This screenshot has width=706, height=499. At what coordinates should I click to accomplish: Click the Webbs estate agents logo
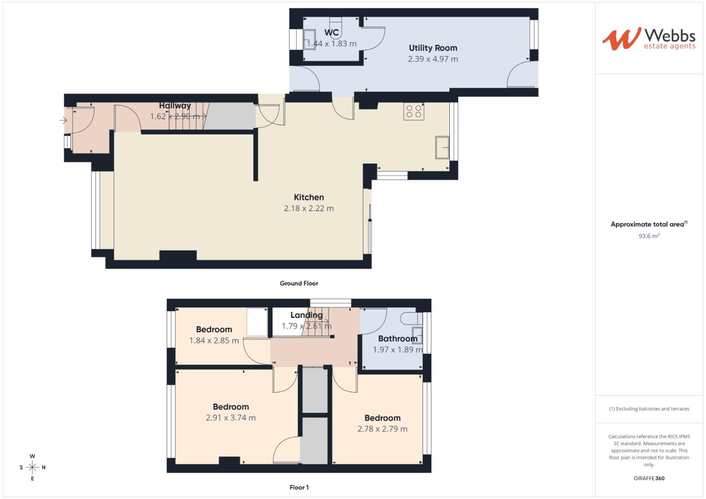[x=649, y=39]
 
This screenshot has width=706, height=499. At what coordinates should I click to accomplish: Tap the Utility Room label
[x=433, y=48]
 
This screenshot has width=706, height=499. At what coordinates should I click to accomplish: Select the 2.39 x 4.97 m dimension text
[x=433, y=59]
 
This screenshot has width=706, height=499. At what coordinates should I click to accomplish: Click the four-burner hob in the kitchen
[x=413, y=111]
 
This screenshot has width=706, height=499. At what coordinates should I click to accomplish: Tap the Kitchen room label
[x=309, y=197]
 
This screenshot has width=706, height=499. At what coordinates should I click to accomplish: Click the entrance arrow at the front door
[x=63, y=121]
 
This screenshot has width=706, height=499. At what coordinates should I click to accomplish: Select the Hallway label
[x=175, y=106]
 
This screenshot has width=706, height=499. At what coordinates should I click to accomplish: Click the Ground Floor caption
[x=299, y=283]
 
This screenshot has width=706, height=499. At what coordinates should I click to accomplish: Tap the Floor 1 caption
[x=299, y=487]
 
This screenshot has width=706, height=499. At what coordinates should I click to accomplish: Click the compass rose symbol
[x=32, y=467]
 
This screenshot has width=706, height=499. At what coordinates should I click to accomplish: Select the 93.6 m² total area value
[x=649, y=236]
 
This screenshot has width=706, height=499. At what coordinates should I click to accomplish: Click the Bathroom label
[x=398, y=339]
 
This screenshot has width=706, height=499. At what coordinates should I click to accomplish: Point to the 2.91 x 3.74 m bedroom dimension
[x=231, y=418]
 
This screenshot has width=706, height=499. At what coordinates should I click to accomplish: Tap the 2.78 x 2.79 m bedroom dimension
[x=382, y=429]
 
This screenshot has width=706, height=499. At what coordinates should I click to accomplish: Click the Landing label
[x=307, y=315]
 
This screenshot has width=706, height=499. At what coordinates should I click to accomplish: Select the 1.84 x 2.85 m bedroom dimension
[x=214, y=341]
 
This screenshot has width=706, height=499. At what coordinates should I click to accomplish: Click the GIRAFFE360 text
[x=649, y=478]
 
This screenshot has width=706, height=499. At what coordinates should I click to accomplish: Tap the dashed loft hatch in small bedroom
[x=257, y=322]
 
